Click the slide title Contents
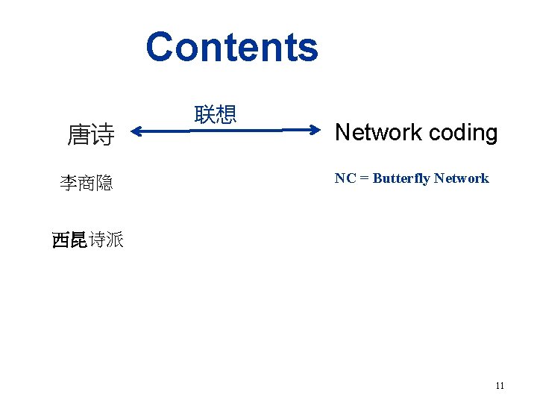[231, 47]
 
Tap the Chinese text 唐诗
[91, 135]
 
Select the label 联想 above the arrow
[215, 114]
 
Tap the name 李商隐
[86, 183]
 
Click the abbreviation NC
[345, 178]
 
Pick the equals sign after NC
[364, 178]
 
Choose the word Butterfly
[401, 178]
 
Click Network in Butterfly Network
[461, 178]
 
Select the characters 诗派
[105, 240]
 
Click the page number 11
[500, 386]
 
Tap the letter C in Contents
[160, 47]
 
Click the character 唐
[79, 135]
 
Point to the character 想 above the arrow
[225, 114]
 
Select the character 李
[69, 183]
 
